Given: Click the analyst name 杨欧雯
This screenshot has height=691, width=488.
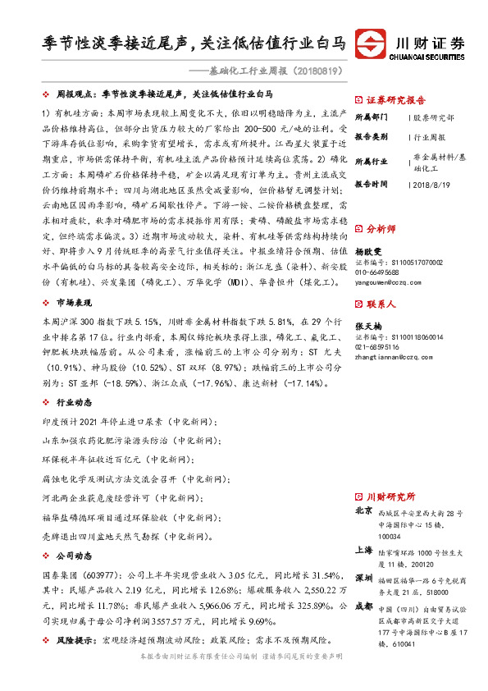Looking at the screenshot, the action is coord(372,252).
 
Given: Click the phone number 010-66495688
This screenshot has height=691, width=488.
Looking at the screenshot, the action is coord(378,272).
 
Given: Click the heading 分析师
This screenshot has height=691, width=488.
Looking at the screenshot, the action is coord(381,229).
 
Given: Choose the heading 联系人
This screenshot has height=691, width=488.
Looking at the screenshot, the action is coord(381,304).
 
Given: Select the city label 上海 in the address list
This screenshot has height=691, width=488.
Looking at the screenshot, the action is coord(364,550).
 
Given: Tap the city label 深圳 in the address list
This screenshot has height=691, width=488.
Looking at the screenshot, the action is coord(364,579).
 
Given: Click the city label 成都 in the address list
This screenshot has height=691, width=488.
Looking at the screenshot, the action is coord(364,607).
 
